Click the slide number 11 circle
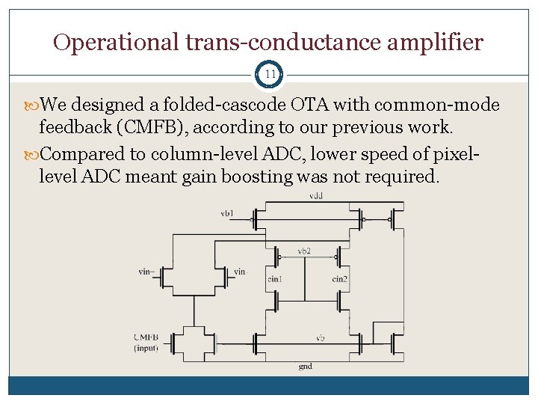(270, 76)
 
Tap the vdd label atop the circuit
(316, 196)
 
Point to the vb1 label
(226, 214)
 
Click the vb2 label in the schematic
(305, 250)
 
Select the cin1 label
(275, 278)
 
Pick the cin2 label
(340, 278)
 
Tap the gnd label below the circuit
(305, 367)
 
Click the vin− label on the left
(147, 272)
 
